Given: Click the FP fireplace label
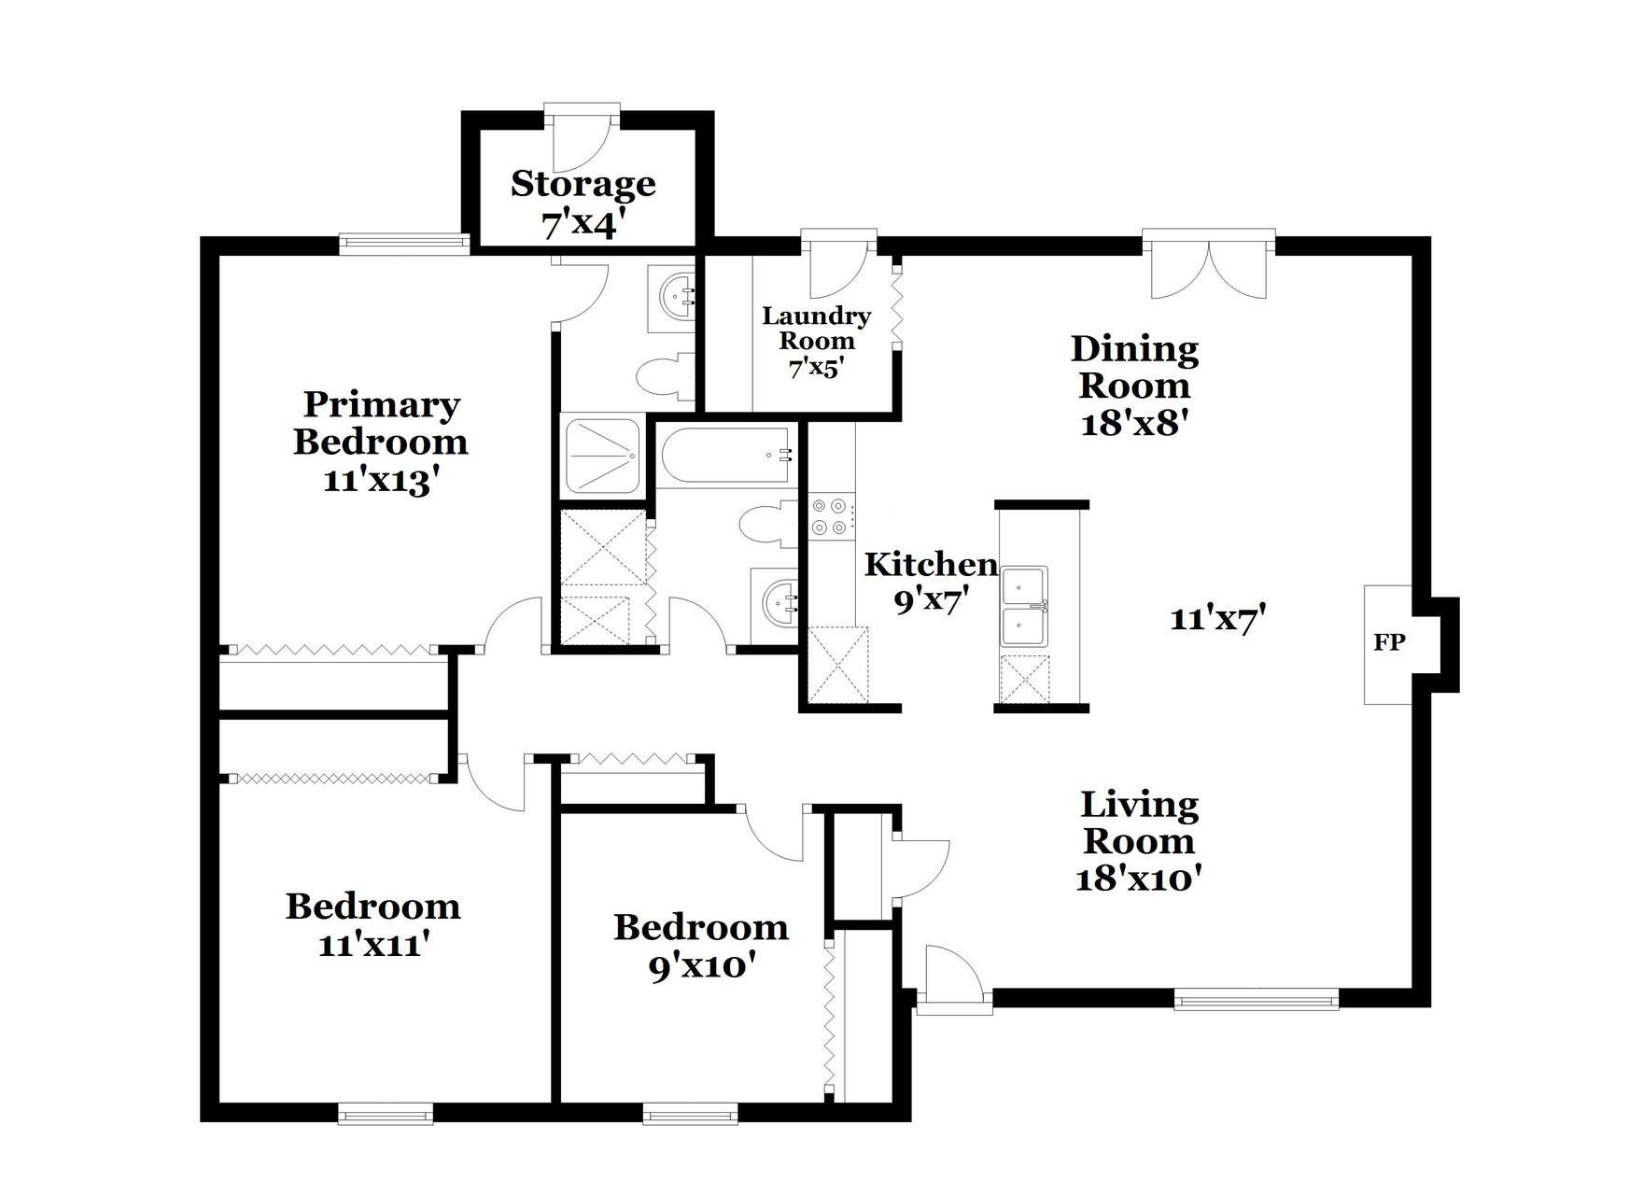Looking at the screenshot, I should (x=1389, y=642).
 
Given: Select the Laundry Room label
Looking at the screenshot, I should (x=817, y=328).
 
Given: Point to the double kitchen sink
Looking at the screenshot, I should (x=1024, y=606).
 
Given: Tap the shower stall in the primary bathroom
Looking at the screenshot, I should (x=602, y=456).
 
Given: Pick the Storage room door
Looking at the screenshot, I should (x=582, y=140).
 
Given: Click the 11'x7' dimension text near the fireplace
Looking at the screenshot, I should (x=1217, y=618).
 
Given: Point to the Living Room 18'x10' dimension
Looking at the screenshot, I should (x=1137, y=879).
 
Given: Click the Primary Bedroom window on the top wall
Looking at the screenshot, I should (x=403, y=244).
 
